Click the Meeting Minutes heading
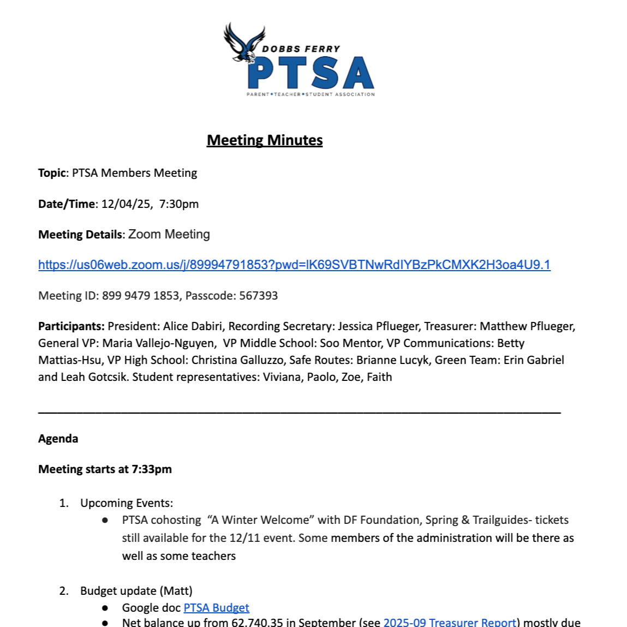click(x=265, y=140)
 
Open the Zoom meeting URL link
click(x=294, y=265)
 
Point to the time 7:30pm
click(x=179, y=204)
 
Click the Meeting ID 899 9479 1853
click(x=141, y=296)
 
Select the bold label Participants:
click(x=71, y=326)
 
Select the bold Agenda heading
click(x=58, y=439)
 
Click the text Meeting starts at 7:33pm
click(x=105, y=469)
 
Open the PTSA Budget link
click(x=216, y=608)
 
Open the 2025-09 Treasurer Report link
click(x=450, y=622)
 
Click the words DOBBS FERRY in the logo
click(x=301, y=49)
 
